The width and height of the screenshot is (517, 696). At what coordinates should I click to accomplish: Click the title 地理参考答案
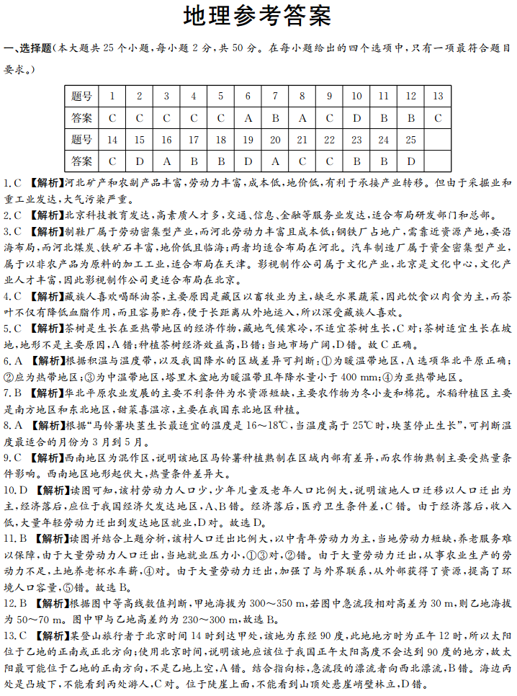(257, 17)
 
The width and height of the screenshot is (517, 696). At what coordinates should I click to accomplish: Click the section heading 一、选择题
(29, 49)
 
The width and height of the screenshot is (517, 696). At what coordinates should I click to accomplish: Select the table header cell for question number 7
(275, 96)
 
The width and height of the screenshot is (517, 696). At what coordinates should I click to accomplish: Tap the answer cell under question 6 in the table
(248, 117)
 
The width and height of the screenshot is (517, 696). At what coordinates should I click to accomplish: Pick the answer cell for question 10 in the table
(356, 117)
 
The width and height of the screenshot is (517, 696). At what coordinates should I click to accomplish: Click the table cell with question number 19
(248, 139)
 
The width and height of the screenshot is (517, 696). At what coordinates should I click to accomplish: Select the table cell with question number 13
(438, 96)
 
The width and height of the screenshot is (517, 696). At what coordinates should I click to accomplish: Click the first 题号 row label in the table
(82, 96)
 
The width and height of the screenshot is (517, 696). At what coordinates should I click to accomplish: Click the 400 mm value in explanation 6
(357, 376)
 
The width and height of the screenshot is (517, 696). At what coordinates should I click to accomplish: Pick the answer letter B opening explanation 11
(22, 538)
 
